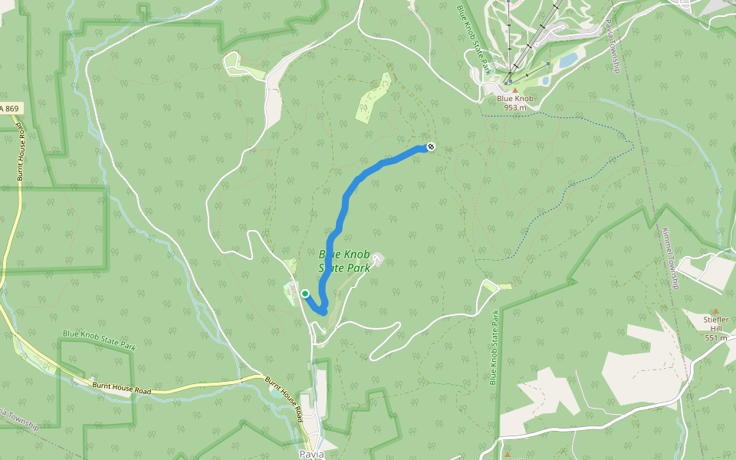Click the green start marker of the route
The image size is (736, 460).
[305, 293]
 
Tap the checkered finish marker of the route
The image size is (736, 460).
[431, 146]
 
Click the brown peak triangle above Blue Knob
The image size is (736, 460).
[515, 90]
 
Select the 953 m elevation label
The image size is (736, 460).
[515, 107]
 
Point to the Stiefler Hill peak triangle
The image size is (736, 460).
[715, 311]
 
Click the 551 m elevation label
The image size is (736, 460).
[715, 337]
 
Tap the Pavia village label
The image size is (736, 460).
[312, 454]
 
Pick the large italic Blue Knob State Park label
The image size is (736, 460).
[344, 261]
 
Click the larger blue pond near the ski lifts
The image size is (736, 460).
[568, 60]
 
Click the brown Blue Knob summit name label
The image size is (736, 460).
[514, 98]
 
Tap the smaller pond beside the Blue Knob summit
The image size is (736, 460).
[545, 80]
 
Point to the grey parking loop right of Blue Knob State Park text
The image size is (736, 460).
[378, 260]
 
